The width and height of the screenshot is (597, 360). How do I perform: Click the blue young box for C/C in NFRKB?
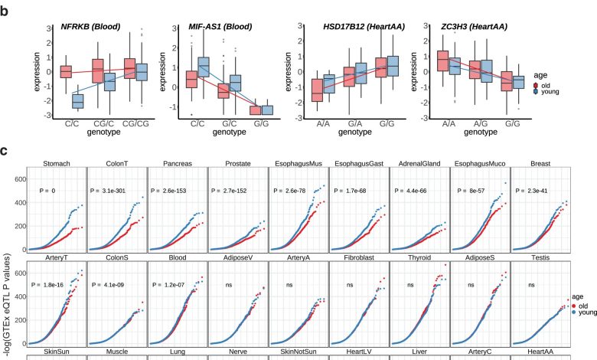pos(77,100)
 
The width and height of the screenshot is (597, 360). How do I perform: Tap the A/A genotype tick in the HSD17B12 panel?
pos(315,123)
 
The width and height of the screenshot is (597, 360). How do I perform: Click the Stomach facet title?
pos(56,163)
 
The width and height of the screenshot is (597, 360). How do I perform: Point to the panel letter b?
pos(5,9)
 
